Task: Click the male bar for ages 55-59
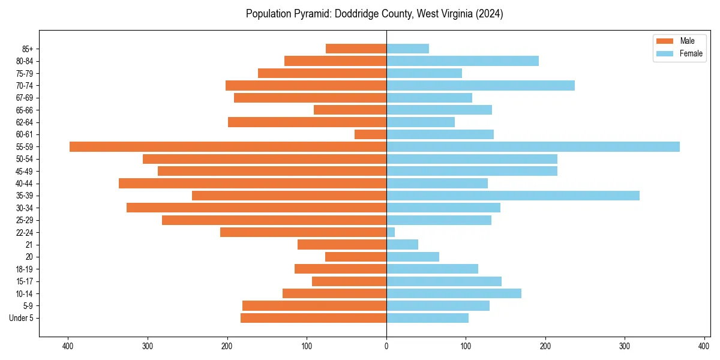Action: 228,146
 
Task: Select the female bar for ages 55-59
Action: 533,146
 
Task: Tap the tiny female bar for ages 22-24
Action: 391,232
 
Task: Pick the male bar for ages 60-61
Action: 370,134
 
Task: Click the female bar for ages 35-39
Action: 513,196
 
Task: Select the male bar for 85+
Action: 356,49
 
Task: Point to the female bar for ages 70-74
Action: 481,85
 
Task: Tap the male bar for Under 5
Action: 313,318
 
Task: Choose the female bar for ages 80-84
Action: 463,61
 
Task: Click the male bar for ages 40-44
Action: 253,183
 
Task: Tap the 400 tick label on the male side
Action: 68,346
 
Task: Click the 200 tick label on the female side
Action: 545,346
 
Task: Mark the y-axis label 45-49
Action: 25,171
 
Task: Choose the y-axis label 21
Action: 29,245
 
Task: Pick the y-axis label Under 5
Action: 22,318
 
